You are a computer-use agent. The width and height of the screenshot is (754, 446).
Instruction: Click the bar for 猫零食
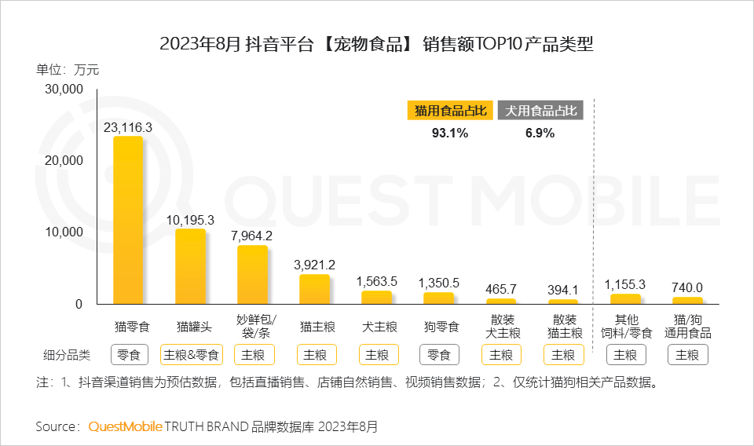click(x=128, y=220)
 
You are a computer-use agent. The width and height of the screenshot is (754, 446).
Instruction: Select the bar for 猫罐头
click(x=190, y=266)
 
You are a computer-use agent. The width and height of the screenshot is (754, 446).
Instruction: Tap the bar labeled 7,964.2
click(x=252, y=274)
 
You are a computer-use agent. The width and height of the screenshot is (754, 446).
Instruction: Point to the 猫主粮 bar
click(x=314, y=288)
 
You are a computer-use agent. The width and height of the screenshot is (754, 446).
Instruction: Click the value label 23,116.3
click(x=128, y=126)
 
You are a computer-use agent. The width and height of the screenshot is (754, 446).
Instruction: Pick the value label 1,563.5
click(x=377, y=281)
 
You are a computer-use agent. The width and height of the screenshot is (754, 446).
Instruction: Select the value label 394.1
click(x=563, y=290)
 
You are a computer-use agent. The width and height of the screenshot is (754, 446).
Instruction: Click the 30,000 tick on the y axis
click(x=64, y=90)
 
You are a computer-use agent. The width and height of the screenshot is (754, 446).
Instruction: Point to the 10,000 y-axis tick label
click(x=64, y=232)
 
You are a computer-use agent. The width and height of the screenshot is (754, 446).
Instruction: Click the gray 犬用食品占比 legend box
click(x=540, y=111)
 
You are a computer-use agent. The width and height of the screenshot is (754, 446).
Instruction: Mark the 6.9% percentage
click(x=540, y=133)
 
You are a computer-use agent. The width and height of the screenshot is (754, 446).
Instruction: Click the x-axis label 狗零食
click(x=439, y=325)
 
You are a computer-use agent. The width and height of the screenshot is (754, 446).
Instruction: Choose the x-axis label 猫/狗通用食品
click(x=687, y=326)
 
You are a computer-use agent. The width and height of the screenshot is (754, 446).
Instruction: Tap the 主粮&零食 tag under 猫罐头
click(x=191, y=355)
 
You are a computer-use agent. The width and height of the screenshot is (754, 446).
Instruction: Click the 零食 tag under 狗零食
click(x=439, y=355)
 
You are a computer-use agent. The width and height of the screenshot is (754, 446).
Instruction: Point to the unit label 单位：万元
click(x=68, y=69)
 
